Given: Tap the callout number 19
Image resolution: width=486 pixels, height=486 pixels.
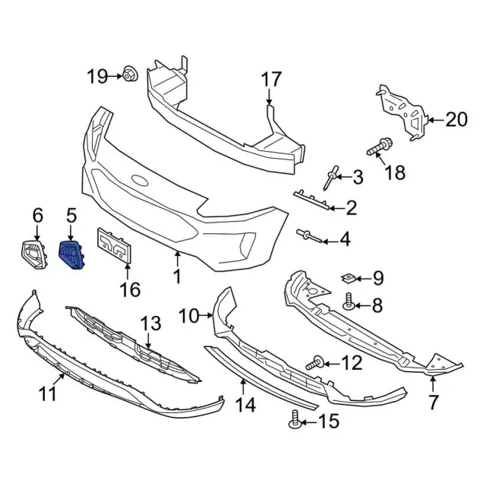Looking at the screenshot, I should pyautogui.click(x=97, y=75).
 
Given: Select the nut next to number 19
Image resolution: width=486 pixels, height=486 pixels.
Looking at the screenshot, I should pyautogui.click(x=128, y=74).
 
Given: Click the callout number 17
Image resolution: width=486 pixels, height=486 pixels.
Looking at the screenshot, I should pyautogui.click(x=271, y=79).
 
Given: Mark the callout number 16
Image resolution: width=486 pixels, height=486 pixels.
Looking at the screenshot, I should pyautogui.click(x=130, y=289).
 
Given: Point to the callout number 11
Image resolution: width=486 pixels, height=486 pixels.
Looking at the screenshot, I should pyautogui.click(x=48, y=393).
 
